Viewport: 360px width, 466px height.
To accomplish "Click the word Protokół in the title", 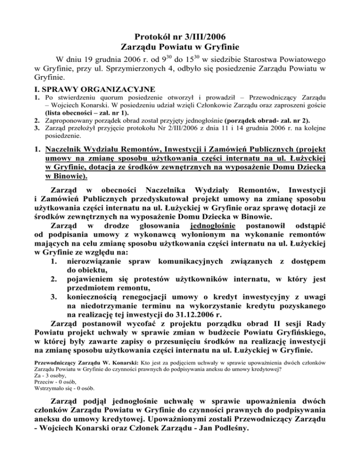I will click(144, 36).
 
